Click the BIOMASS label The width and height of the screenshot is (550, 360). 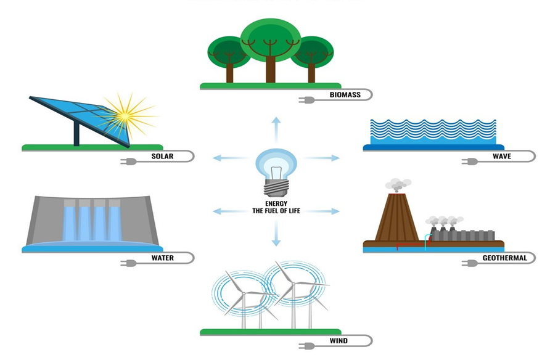345,95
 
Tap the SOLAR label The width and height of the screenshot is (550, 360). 162,157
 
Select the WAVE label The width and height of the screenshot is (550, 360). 501,157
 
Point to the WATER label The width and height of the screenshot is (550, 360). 162,258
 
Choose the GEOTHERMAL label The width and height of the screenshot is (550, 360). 504,258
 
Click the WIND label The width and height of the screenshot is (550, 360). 338,341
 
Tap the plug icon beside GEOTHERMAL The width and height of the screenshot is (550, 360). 470,263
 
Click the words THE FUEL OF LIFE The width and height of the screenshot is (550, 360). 276,211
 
